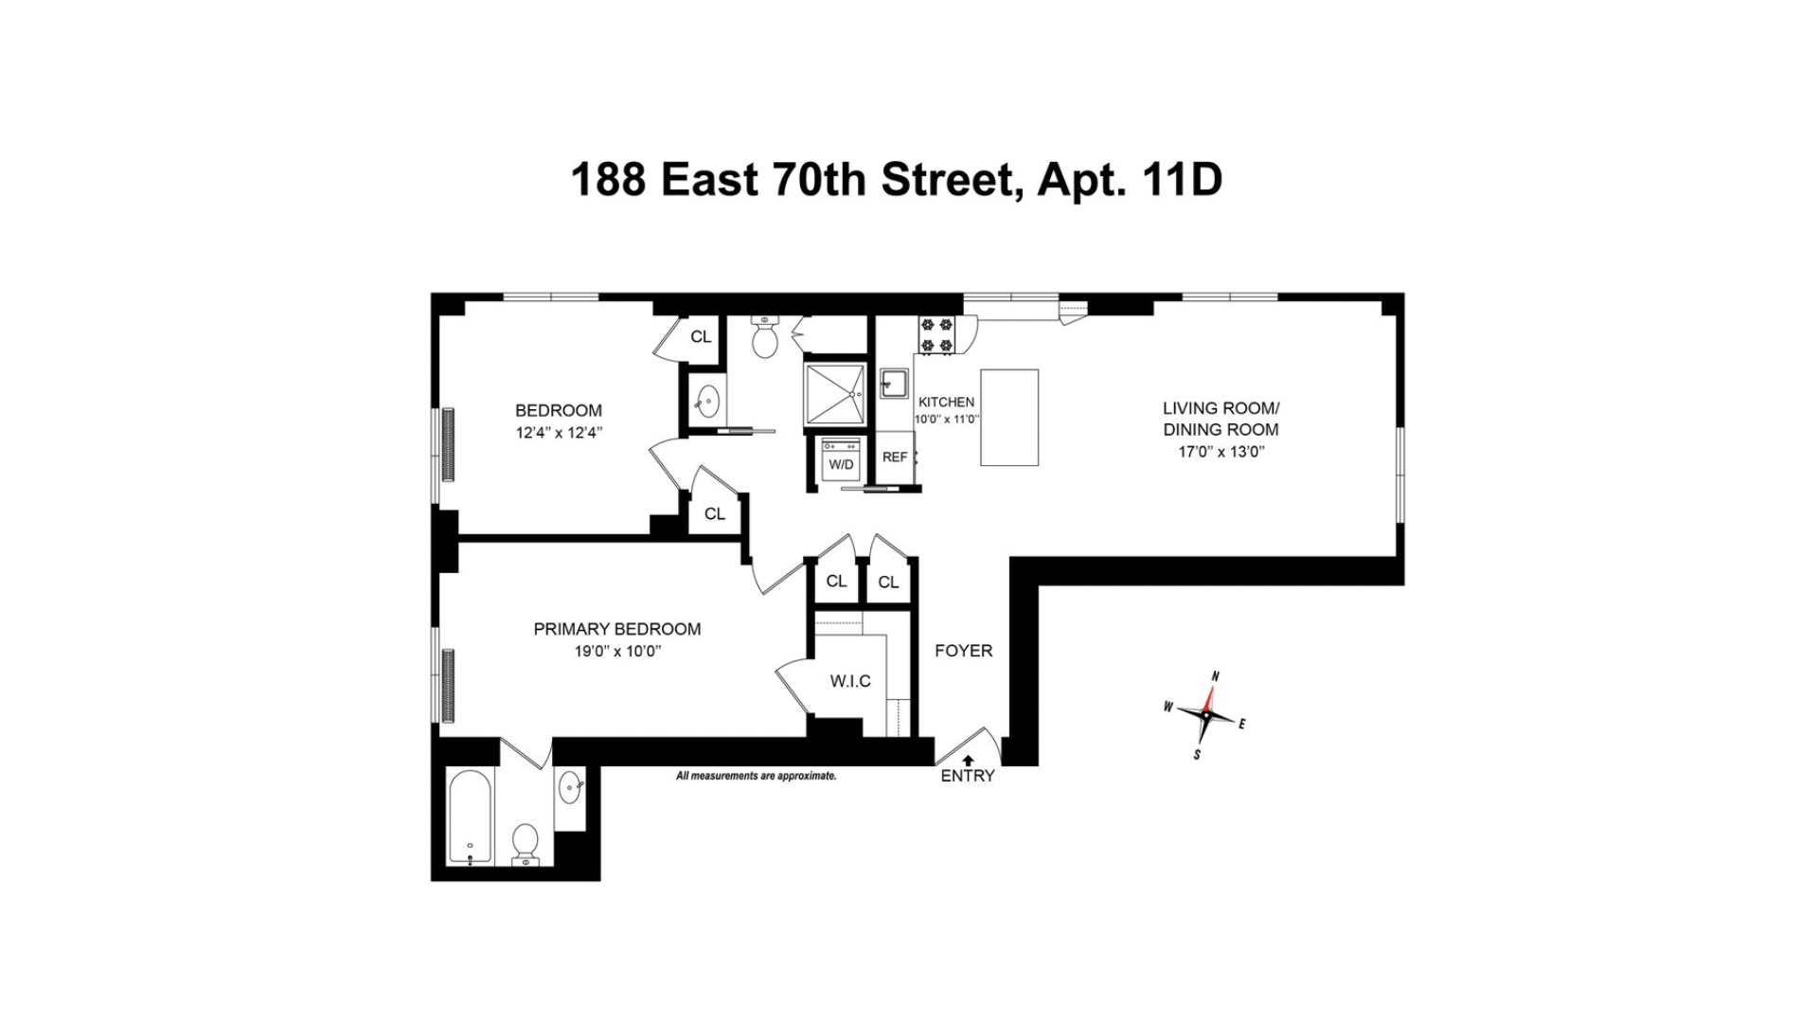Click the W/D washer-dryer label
[x=841, y=464]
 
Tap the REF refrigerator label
[x=895, y=457]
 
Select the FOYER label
[x=963, y=651]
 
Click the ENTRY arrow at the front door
[x=968, y=760]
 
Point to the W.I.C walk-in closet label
[x=850, y=681]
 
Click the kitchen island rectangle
[x=1008, y=418]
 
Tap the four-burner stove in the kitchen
[x=936, y=335]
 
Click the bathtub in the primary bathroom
[x=470, y=817]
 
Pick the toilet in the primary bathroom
[x=525, y=843]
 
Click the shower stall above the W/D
[x=834, y=393]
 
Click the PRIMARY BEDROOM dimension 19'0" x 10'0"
[x=616, y=651]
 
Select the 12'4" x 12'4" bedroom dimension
[x=559, y=432]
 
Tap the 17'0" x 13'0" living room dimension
[x=1221, y=451]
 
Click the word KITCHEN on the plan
[x=946, y=402]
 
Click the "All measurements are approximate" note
[x=756, y=776]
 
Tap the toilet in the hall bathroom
[x=764, y=338]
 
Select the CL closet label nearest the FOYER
[x=888, y=582]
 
